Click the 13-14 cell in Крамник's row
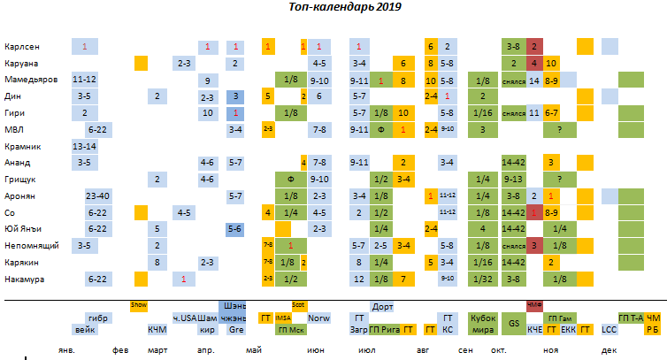coord(85,146)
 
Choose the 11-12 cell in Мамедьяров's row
coord(85,80)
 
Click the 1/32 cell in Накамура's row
coord(482,280)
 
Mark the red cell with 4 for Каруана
coord(534,63)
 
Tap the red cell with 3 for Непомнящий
coord(534,245)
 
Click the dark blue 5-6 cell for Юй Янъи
coord(235,229)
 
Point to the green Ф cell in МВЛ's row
coord(381,129)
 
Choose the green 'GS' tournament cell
coord(514,323)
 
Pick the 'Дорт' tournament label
coord(383,307)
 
